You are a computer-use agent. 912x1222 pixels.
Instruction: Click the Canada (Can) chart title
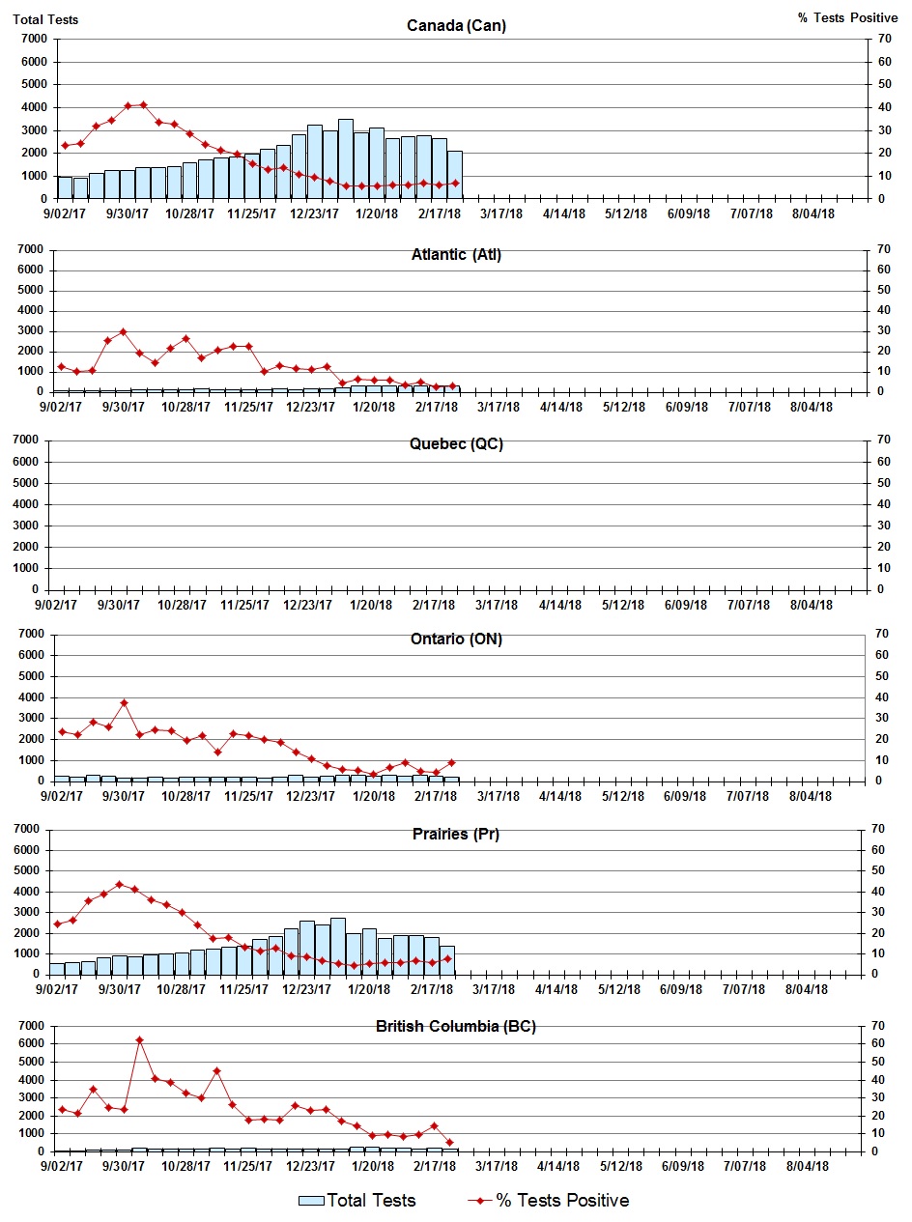(456, 25)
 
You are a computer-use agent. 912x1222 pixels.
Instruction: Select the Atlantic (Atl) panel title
(456, 255)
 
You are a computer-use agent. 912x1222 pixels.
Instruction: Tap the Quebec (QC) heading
(456, 444)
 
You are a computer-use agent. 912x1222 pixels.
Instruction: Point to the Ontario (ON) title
(456, 639)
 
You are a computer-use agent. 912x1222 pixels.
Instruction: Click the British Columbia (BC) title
(456, 1026)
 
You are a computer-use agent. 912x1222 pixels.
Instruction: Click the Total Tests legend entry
(357, 1201)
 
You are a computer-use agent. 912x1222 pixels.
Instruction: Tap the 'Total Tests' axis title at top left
(45, 18)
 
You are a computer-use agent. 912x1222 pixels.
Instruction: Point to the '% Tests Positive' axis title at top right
(847, 18)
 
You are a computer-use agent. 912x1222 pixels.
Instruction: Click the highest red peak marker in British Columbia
(139, 1040)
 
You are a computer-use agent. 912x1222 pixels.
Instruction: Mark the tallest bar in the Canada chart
(345, 158)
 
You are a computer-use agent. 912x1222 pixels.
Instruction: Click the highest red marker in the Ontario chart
(124, 702)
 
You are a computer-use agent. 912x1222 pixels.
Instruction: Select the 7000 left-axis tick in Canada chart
(34, 40)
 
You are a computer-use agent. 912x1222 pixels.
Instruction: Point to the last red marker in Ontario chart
(451, 762)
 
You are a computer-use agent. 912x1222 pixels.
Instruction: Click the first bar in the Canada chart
(65, 187)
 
